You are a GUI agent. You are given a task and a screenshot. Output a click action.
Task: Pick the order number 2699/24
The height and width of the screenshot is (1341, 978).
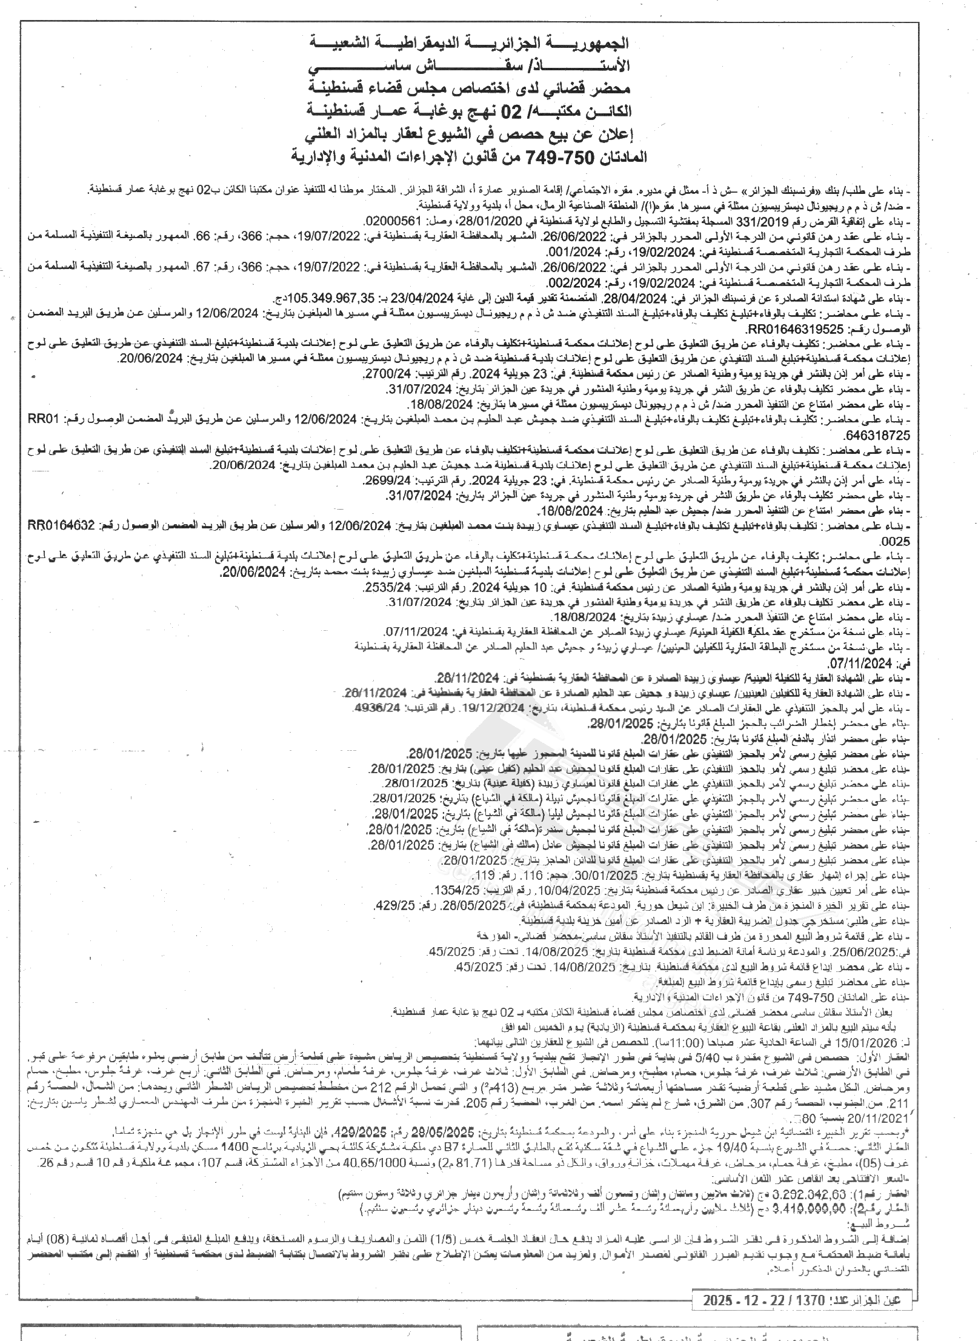(385, 481)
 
